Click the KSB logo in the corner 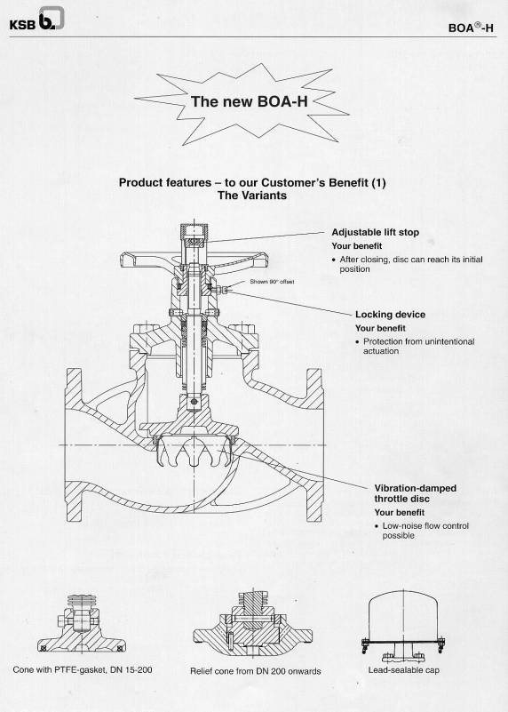coord(36,20)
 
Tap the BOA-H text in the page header coord(471,28)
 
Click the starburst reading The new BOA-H coord(242,104)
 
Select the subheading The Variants coord(252,196)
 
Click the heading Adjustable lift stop coord(375,232)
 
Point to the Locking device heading coord(390,315)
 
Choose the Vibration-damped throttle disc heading coord(415,493)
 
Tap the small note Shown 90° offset coord(272,282)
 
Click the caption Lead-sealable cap coord(404,669)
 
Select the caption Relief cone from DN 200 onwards coord(256,671)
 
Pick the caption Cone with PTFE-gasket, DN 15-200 coord(83,669)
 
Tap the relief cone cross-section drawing coord(252,623)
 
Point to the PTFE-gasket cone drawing coord(82,623)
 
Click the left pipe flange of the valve coord(74,445)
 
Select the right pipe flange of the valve coord(314,445)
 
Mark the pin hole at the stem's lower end coord(194,402)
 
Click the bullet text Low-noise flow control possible coord(421,531)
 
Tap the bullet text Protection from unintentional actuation coord(415,346)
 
